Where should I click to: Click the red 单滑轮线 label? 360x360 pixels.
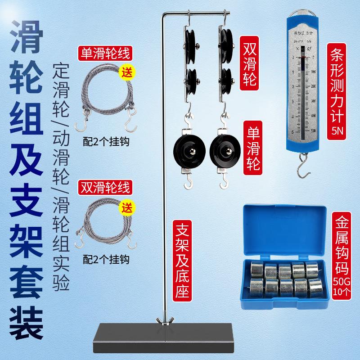[x=104, y=54]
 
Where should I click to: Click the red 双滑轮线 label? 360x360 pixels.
[x=104, y=185]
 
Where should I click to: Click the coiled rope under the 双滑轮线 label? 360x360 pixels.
[x=106, y=223]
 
